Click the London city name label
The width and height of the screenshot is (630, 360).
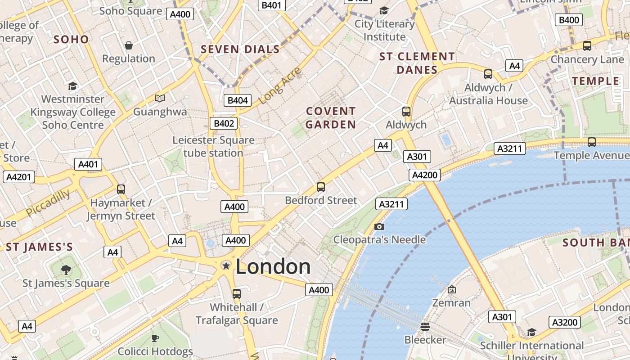point(273,267)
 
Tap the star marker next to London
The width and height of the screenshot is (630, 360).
point(226,266)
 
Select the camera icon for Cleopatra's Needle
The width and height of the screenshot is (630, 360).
point(379,226)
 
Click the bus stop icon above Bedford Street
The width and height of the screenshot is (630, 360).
point(321,187)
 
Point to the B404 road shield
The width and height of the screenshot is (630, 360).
point(238,100)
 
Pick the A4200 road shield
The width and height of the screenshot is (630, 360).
point(425,175)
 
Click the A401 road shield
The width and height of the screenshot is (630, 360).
point(88,164)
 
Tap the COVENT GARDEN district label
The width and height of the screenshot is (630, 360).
point(331,118)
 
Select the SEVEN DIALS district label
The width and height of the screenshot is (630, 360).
point(240,49)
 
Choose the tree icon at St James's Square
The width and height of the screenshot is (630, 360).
point(66,270)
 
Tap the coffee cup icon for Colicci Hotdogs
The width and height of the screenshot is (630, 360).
point(155,337)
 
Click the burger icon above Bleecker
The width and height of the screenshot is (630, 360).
point(425,326)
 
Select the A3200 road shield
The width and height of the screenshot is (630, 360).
point(565,322)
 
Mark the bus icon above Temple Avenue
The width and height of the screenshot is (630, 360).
point(591,142)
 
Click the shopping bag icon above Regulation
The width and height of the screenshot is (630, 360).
point(129,45)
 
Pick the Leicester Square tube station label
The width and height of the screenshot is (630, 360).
point(213,147)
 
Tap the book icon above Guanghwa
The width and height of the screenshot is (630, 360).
point(160,98)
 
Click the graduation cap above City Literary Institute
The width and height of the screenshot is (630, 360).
point(384,11)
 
